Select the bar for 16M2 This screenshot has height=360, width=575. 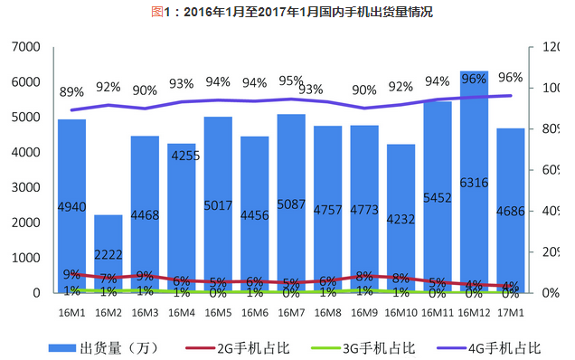[108, 258]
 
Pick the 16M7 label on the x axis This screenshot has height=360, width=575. [291, 312]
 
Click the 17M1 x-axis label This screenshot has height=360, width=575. [510, 312]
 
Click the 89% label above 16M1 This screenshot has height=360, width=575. [72, 91]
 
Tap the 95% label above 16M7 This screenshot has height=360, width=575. [291, 81]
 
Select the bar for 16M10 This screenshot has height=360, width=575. [401, 235]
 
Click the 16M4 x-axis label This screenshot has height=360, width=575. [181, 312]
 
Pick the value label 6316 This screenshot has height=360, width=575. [474, 183]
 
